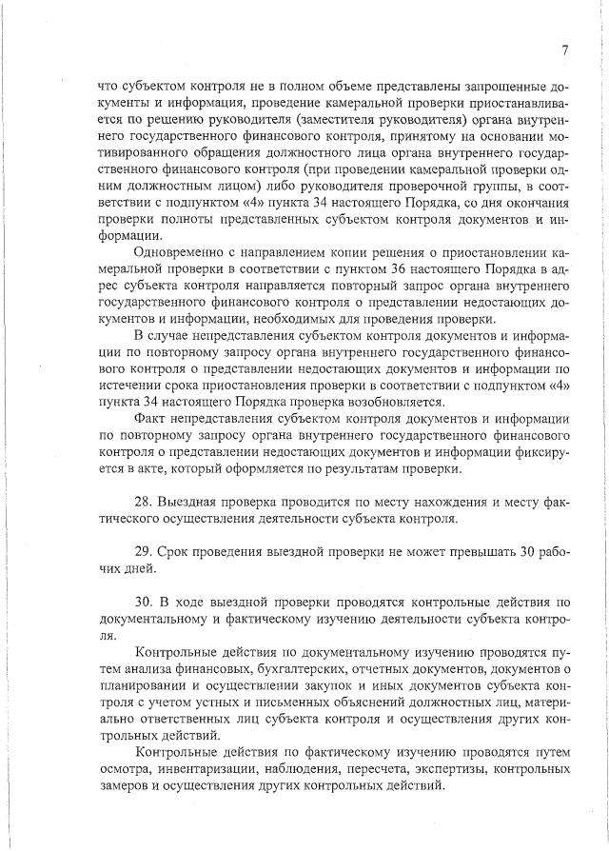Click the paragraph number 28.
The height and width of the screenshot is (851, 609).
click(147, 500)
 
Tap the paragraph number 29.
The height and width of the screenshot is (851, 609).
click(147, 551)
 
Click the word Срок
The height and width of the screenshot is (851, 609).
click(183, 551)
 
